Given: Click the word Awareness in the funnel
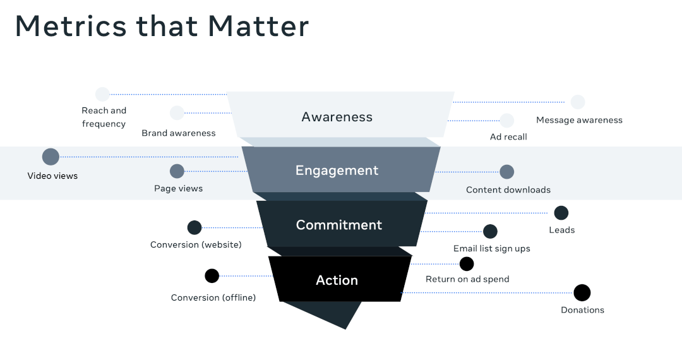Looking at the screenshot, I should pos(337,117).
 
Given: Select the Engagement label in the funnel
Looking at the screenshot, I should pos(337,171).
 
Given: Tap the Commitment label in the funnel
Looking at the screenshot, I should pos(339,225).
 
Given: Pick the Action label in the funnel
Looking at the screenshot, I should pos(337,280).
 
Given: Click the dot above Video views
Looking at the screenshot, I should pos(51,157).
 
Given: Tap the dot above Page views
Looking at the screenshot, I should pos(177,171).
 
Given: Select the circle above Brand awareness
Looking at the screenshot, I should pos(177,113).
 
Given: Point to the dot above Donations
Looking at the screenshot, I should pos(582,292).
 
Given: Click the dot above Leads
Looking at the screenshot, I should pos(561,213).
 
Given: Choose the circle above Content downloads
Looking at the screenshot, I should pos(507,172).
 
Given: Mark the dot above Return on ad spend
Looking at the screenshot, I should pos(467,264).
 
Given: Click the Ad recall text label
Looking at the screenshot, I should pos(508,137).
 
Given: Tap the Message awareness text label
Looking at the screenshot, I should pos(579,120).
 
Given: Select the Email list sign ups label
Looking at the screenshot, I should pos(492,248).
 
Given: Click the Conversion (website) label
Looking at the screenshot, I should pos(196,244).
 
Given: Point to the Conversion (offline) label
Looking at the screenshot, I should pos(213,297).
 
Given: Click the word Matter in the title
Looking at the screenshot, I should pos(259,27).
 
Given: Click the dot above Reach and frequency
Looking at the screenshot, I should pos(102,94).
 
